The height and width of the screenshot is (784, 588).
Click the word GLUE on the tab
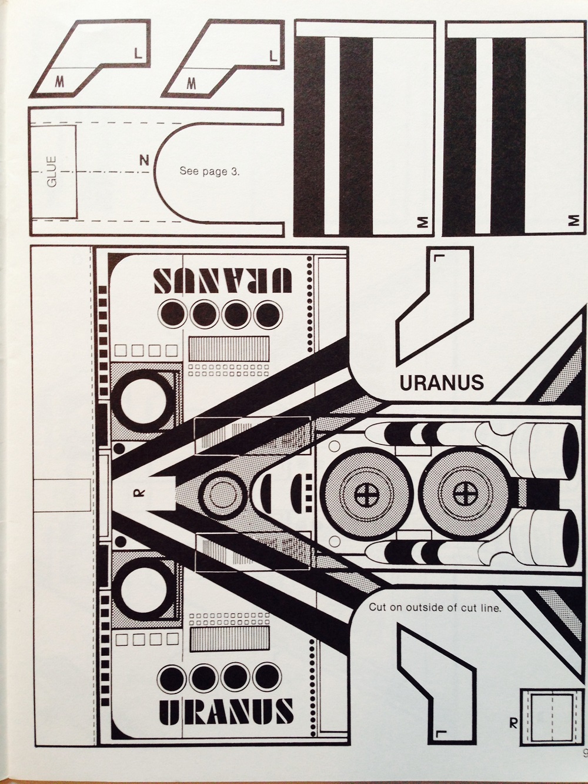(x=52, y=171)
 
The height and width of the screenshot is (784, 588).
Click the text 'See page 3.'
(x=209, y=172)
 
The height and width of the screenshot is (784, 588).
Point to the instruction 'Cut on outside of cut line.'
(x=435, y=608)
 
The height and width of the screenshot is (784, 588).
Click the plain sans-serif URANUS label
(x=442, y=383)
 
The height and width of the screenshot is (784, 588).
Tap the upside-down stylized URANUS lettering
(x=223, y=281)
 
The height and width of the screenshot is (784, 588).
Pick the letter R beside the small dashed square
(x=513, y=723)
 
